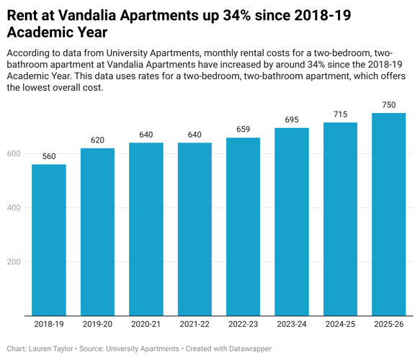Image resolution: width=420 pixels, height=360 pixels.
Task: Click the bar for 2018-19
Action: coord(49,240)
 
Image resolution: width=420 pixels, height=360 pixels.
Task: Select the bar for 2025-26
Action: coord(388,214)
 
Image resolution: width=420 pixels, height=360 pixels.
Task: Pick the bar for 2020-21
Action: coord(146,229)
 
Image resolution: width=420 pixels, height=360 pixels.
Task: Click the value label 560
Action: coord(49,156)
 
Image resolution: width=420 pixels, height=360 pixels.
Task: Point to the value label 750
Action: coord(388,105)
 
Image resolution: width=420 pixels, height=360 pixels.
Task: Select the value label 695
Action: coord(292,120)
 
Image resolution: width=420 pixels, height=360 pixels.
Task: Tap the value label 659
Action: coord(243,130)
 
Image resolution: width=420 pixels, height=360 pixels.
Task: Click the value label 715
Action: coord(340,114)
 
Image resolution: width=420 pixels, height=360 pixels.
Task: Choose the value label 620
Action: coord(97,140)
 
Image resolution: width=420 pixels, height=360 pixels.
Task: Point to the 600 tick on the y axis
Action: coord(14,154)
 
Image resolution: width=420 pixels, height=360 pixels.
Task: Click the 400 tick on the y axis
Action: coord(14,208)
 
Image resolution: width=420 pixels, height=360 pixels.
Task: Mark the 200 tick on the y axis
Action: coord(14,262)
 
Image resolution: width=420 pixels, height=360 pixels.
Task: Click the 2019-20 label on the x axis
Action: coord(97,325)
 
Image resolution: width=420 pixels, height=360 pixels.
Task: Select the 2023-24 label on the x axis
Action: coord(292,325)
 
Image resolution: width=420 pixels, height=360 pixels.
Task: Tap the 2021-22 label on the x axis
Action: coord(195,325)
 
